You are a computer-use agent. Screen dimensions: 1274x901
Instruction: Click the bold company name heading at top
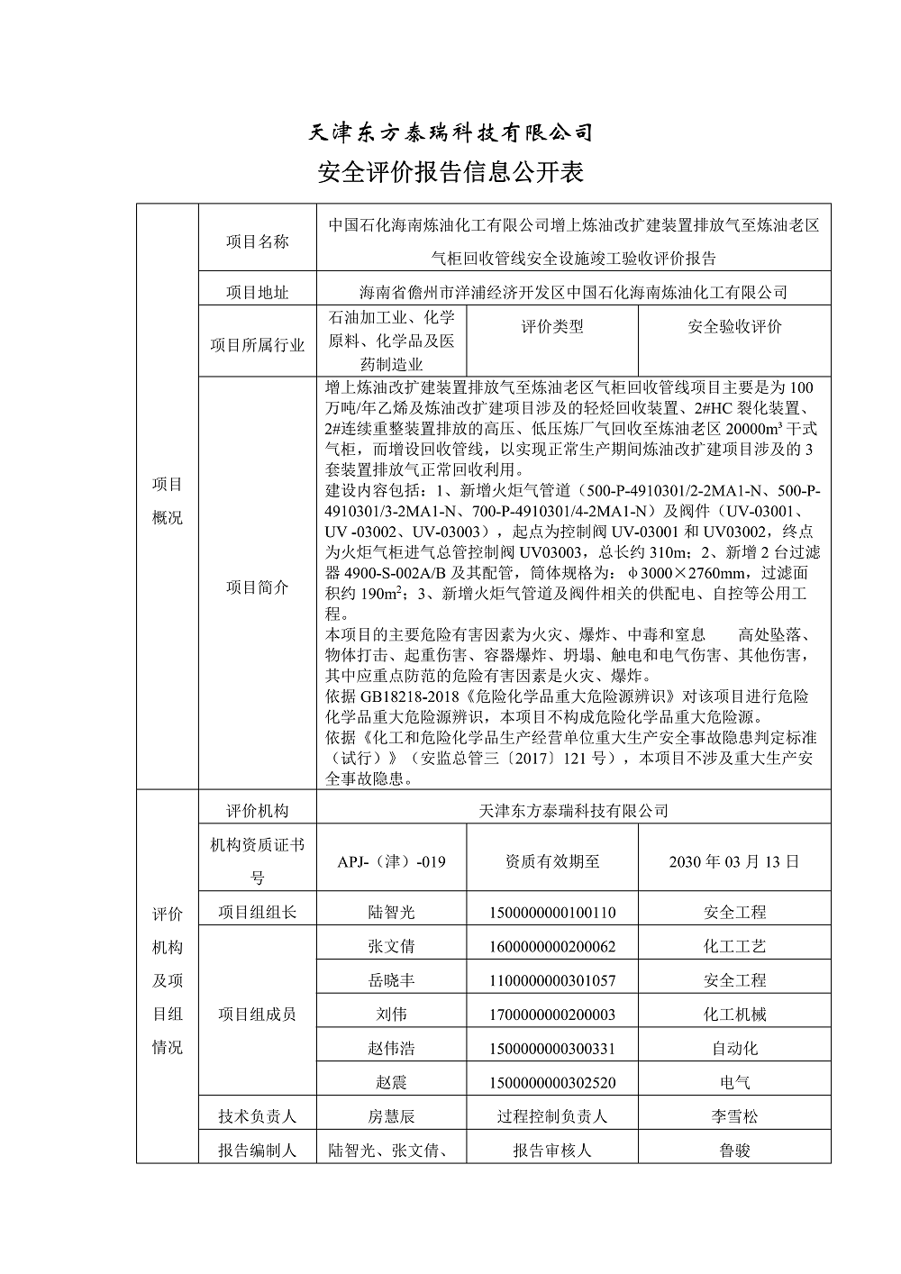point(450,132)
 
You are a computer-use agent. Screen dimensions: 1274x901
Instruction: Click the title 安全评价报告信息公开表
point(450,172)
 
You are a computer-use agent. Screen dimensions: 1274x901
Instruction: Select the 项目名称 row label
point(257,241)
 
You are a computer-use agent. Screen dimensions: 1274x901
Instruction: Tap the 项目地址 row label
point(257,292)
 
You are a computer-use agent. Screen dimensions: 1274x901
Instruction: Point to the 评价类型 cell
point(552,326)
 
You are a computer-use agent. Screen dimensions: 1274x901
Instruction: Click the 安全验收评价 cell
point(734,326)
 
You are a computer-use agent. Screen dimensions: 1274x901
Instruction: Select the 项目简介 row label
point(257,587)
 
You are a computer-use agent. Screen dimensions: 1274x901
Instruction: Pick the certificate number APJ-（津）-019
point(391,860)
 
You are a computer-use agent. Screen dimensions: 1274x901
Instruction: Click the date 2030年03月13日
point(734,860)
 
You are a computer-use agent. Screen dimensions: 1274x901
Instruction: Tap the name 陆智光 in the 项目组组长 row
point(391,912)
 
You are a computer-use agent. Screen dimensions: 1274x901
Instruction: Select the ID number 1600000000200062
point(552,946)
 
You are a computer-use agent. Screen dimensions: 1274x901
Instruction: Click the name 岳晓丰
point(391,980)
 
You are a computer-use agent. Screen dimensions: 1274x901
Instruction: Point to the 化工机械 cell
point(734,1015)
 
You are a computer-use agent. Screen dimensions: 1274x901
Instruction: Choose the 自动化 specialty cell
point(734,1048)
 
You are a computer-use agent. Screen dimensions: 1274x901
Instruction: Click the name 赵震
point(391,1082)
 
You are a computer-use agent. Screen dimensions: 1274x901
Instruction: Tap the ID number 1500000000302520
point(552,1082)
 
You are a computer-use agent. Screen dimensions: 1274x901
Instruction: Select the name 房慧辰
point(391,1116)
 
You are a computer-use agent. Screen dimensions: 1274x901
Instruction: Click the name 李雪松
point(734,1116)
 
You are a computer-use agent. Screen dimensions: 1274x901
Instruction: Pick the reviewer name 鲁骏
point(734,1151)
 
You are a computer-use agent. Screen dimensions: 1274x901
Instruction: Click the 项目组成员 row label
point(257,1015)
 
